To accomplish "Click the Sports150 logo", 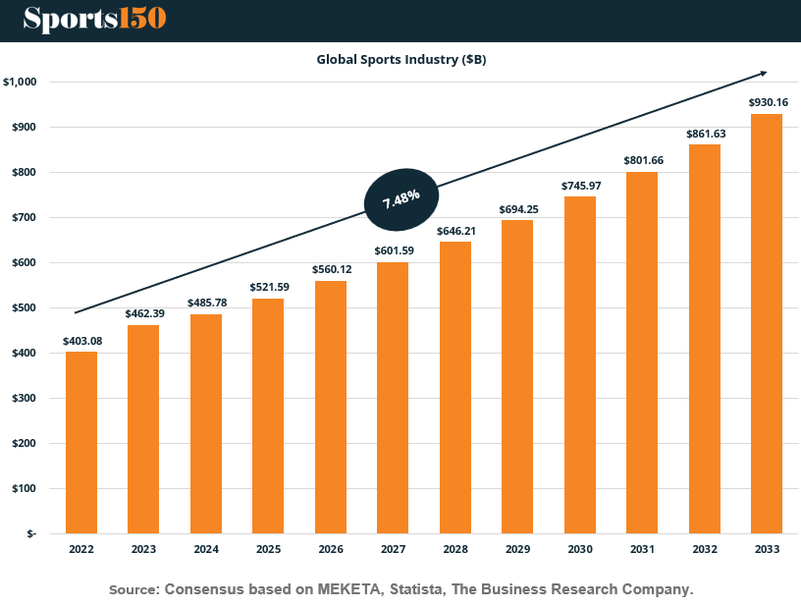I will point(94,18).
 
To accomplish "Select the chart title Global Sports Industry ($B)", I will point(400,59).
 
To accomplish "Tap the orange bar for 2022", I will point(81,442).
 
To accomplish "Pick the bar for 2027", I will point(393,398).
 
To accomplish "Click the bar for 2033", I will point(767,324).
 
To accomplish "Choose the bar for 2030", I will point(580,365).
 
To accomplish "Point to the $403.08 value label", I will point(81,341).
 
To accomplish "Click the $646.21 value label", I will point(455,231).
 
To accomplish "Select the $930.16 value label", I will point(768,102).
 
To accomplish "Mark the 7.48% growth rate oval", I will point(400,197).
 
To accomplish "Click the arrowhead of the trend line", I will point(762,73).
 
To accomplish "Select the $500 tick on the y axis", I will point(24,307).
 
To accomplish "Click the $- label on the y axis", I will point(30,533).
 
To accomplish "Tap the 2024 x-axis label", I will point(206,549).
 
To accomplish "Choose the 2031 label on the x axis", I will point(642,549).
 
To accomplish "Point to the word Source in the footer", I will point(133,589).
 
